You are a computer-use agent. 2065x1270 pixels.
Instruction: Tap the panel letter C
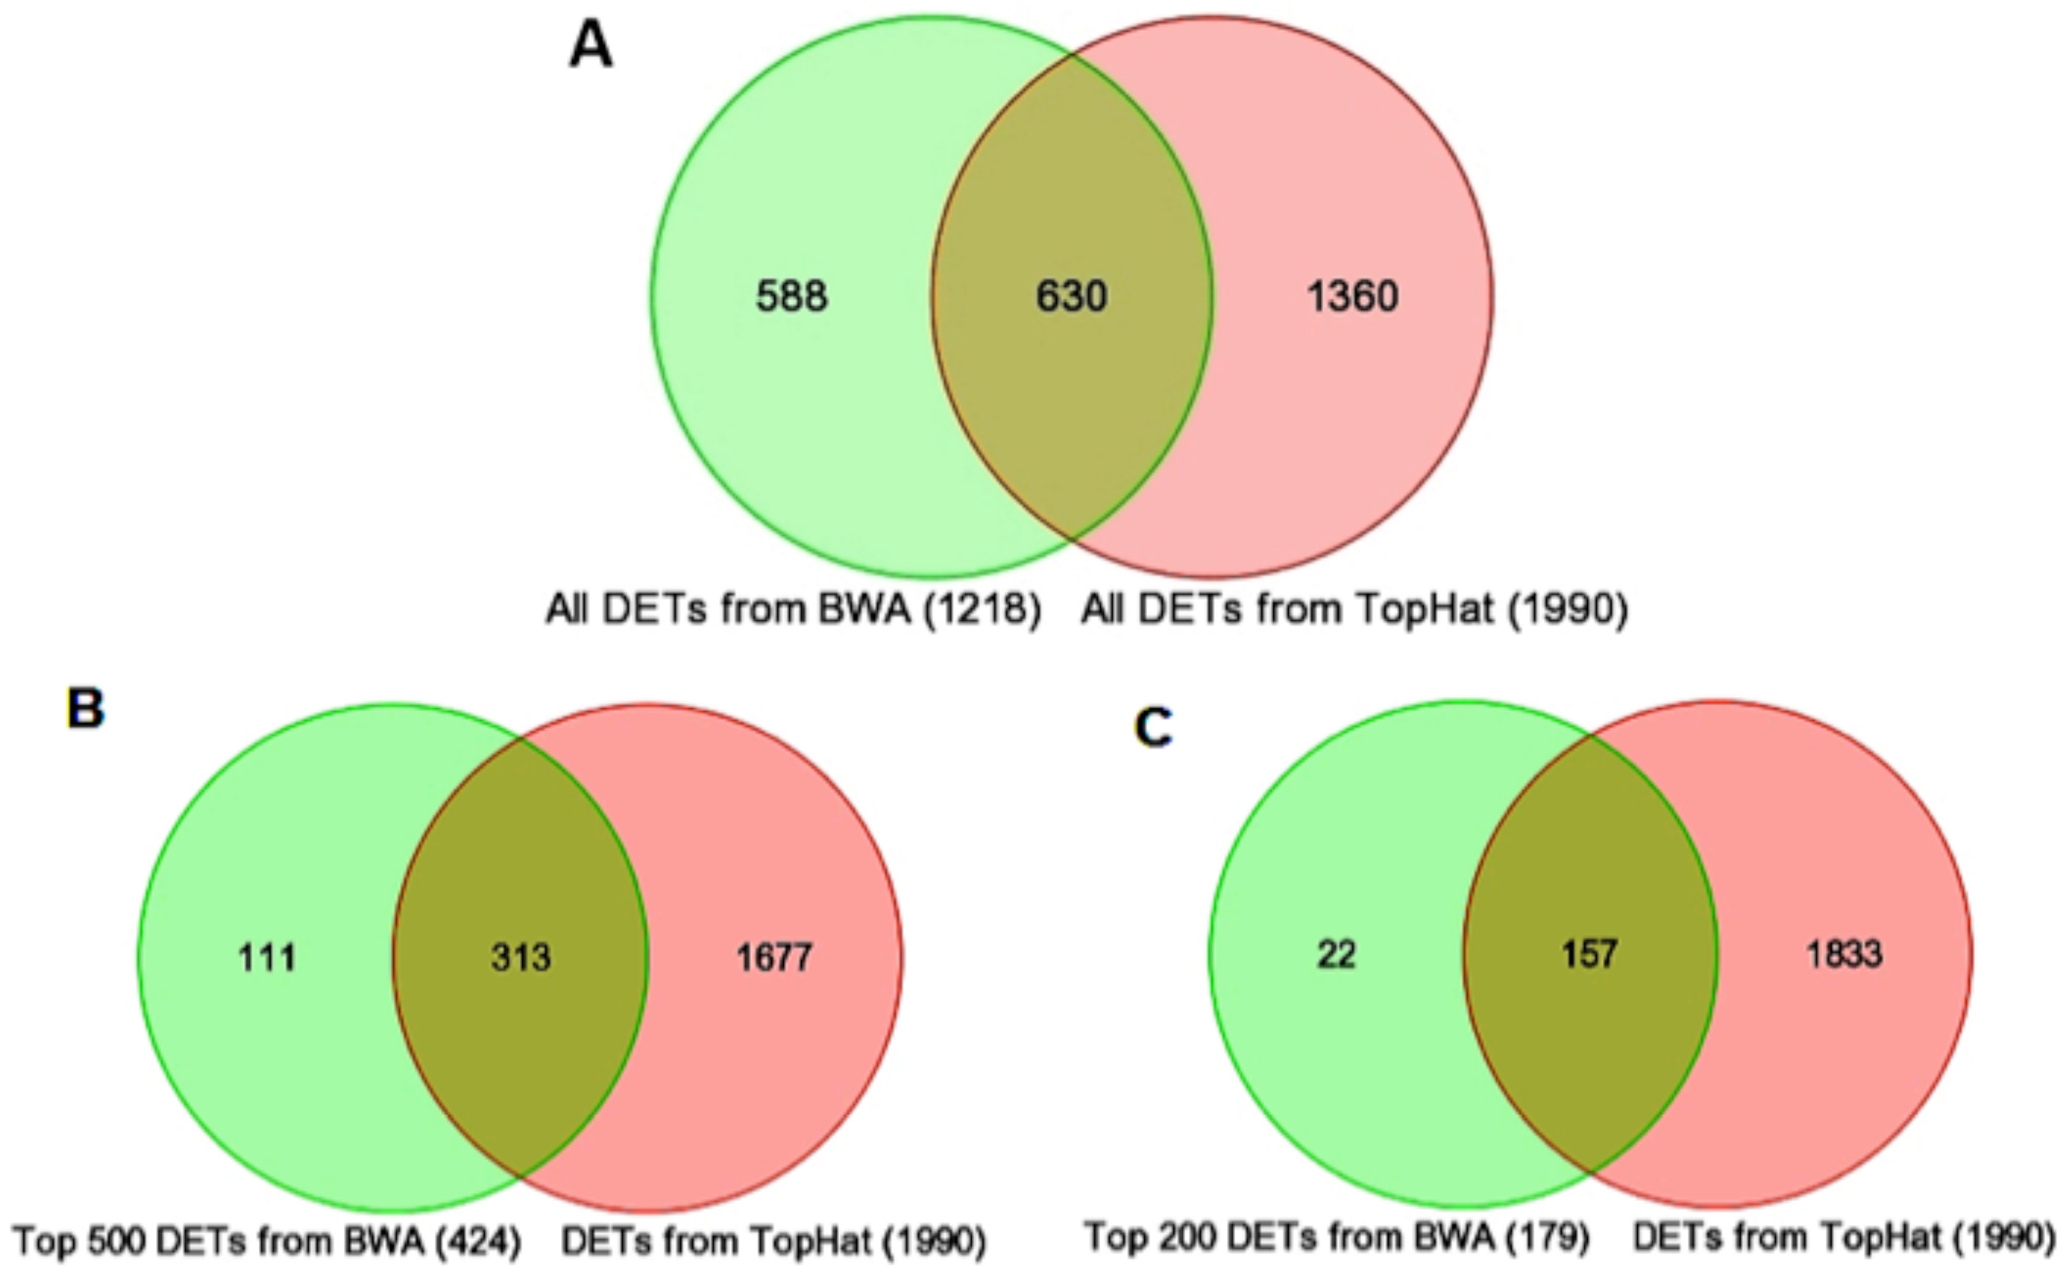[1152, 727]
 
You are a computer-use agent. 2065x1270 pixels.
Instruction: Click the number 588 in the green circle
[791, 296]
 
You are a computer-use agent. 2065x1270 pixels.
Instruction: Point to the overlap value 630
[1071, 296]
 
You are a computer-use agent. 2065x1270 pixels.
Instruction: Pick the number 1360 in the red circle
[1353, 296]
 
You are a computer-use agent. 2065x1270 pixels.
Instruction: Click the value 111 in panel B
[267, 957]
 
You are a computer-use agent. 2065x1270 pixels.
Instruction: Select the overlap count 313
[521, 957]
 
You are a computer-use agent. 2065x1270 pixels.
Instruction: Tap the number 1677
[774, 957]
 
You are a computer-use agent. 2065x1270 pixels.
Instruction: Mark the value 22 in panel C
[1336, 954]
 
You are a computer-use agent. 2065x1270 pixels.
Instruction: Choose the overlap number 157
[1590, 954]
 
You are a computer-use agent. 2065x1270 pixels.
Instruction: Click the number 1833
[1844, 954]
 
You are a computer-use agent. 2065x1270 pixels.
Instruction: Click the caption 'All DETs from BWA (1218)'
[794, 609]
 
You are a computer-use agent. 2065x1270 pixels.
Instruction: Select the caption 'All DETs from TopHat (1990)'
[1353, 609]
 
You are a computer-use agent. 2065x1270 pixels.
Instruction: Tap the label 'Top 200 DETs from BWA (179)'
[1337, 1236]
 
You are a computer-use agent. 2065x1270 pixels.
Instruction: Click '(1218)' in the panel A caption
[983, 609]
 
